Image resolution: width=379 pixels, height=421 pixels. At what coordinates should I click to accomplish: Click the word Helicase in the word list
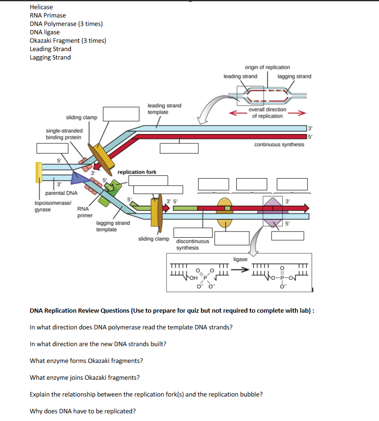[41, 7]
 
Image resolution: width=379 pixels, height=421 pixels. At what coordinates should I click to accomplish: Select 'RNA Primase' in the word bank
[48, 15]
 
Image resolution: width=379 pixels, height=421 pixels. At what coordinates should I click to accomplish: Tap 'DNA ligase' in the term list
[45, 32]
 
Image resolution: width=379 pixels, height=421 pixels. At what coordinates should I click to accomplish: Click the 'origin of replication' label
[267, 68]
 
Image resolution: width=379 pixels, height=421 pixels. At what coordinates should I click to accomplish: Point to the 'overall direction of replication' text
[267, 113]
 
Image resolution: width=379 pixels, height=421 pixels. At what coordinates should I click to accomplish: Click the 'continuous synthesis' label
[279, 145]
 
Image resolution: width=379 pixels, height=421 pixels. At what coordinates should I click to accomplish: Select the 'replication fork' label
[137, 172]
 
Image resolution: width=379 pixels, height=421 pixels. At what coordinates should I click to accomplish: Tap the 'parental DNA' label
[61, 193]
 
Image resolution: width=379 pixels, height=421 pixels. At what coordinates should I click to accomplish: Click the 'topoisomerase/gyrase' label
[53, 206]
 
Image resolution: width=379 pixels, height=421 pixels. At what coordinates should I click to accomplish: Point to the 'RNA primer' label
[85, 212]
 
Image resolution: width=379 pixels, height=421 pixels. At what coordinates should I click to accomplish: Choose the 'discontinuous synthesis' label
[193, 244]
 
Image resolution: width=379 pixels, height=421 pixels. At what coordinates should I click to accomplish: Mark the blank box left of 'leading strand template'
[122, 114]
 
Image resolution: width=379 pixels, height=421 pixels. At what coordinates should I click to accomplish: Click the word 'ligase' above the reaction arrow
[240, 259]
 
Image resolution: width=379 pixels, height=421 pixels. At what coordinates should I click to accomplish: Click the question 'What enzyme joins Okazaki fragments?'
[85, 378]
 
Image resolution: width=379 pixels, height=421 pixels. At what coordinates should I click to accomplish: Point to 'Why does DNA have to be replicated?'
[83, 412]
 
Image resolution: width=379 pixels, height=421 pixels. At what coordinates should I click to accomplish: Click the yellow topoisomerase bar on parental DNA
[38, 172]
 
